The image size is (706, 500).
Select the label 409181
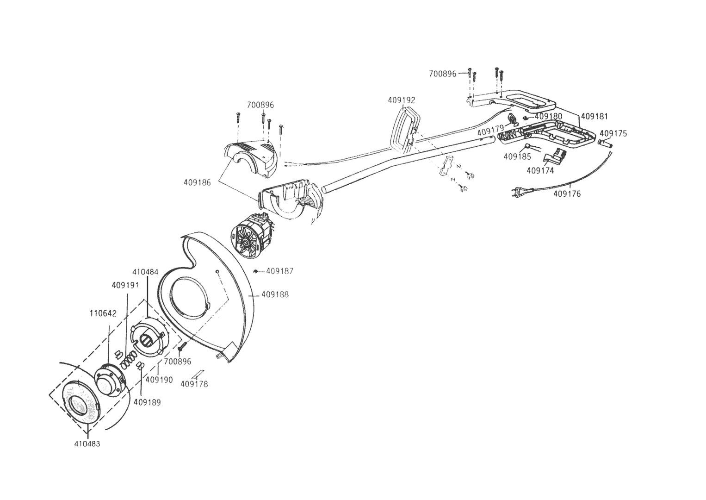pyautogui.click(x=595, y=116)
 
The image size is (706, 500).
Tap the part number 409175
pyautogui.click(x=613, y=134)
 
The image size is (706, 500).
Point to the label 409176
pyautogui.click(x=567, y=194)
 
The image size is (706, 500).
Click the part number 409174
pyautogui.click(x=540, y=170)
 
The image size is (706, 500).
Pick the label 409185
pyautogui.click(x=517, y=156)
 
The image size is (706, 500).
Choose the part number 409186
pyautogui.click(x=197, y=182)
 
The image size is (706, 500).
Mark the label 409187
pyautogui.click(x=280, y=271)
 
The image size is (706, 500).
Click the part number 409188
pyautogui.click(x=275, y=294)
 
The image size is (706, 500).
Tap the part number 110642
pyautogui.click(x=103, y=313)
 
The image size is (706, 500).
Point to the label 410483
pyautogui.click(x=87, y=444)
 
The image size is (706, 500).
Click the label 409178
pyautogui.click(x=194, y=384)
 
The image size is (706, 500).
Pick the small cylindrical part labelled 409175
pyautogui.click(x=605, y=144)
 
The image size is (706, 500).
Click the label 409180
pyautogui.click(x=549, y=116)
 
